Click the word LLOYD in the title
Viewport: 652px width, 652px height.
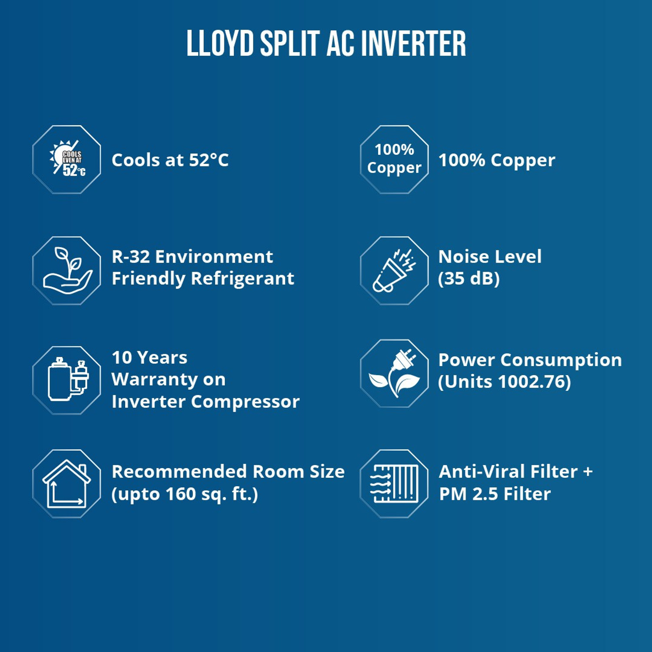(x=220, y=44)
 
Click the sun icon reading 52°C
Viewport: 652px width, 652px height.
(x=67, y=159)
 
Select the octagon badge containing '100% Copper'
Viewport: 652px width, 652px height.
(x=394, y=159)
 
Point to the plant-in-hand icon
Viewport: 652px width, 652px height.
(x=67, y=270)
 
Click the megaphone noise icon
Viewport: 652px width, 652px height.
(x=394, y=270)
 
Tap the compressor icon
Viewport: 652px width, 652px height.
(x=67, y=380)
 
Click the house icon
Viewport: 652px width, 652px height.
(x=67, y=483)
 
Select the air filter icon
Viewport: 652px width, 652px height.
(x=394, y=483)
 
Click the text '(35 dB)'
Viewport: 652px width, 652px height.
(x=469, y=279)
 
